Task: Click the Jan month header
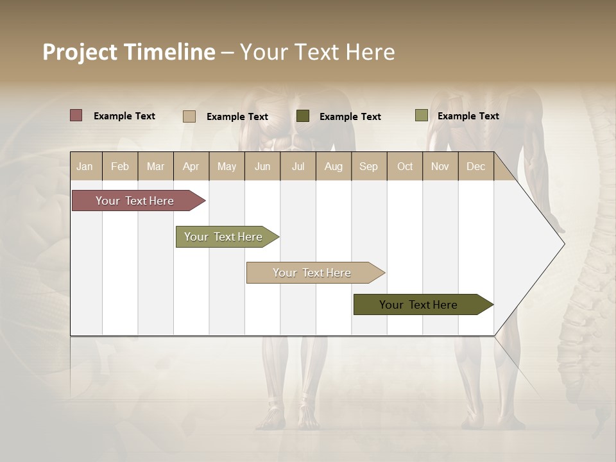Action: (x=85, y=166)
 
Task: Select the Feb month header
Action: (x=120, y=166)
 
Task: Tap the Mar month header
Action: (x=155, y=166)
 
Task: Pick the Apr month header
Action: (x=191, y=166)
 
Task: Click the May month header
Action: (x=227, y=166)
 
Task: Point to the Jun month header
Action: (x=262, y=166)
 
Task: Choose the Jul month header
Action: (x=298, y=166)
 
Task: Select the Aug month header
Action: (x=334, y=166)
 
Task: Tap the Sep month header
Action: (x=369, y=166)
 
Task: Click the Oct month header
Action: (x=405, y=166)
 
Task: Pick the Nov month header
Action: (x=440, y=166)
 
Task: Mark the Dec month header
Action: (x=476, y=166)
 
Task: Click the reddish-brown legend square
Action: (x=76, y=116)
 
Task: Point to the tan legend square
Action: (x=189, y=116)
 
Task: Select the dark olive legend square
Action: (x=303, y=116)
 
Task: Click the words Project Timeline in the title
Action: (x=129, y=52)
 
